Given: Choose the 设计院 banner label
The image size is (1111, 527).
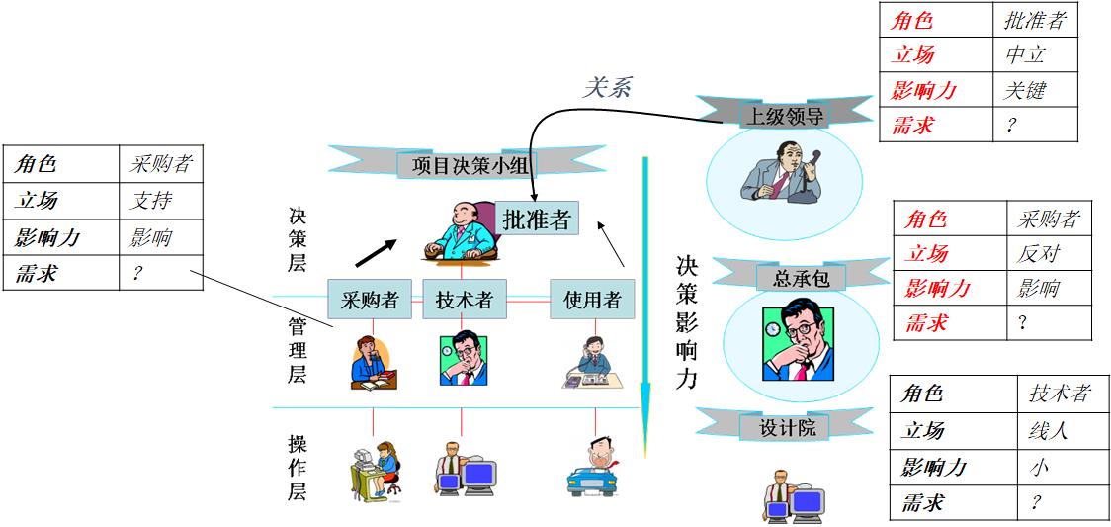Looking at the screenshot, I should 788,427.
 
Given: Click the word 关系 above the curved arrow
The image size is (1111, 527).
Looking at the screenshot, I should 606,87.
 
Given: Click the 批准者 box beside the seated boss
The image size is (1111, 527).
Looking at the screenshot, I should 537,220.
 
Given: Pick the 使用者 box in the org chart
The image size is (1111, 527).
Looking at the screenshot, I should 592,299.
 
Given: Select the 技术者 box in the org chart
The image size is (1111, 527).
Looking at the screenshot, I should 464,299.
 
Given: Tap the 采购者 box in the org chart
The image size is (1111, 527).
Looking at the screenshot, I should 370,299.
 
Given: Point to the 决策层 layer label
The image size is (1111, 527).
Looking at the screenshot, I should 298,239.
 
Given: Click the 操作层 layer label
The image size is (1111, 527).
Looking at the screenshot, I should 298,466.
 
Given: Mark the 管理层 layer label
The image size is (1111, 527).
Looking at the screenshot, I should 298,350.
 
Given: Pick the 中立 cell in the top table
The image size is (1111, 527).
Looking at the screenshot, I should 1025,55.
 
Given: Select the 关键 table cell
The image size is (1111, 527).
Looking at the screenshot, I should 1025,90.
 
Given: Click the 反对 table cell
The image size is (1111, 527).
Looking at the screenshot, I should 1038,254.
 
